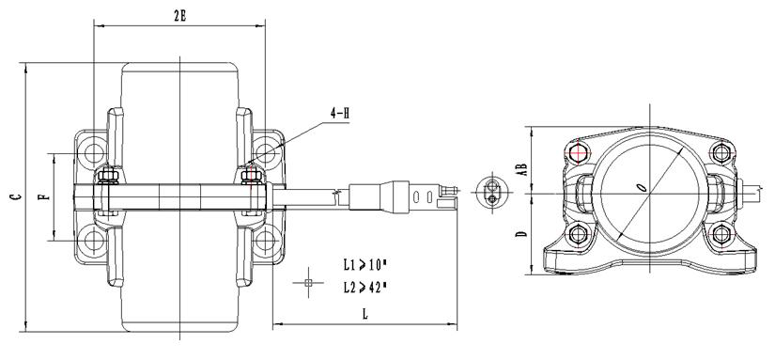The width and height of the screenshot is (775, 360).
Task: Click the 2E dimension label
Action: coord(180,16)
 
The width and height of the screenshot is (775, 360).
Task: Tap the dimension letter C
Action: coord(17,196)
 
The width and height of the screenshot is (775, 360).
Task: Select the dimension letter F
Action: coord(45,196)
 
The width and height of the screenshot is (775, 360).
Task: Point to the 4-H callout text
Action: coord(340,113)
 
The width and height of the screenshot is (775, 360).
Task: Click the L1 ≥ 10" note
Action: coord(364,266)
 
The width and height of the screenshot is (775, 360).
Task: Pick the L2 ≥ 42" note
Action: coord(364,287)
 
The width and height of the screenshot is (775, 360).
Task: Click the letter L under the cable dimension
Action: coord(365,314)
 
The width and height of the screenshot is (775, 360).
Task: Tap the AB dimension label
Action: coord(521,169)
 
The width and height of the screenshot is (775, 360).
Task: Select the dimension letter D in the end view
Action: coord(521,233)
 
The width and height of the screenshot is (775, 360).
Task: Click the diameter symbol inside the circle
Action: coord(642,187)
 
